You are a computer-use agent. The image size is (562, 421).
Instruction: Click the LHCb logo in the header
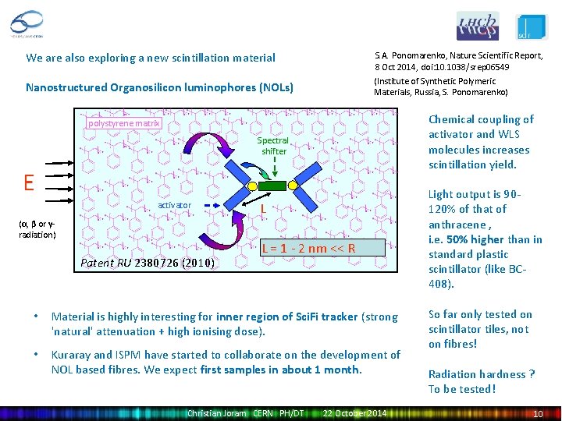tap(477, 26)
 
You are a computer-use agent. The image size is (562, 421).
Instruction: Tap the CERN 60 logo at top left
tap(27, 23)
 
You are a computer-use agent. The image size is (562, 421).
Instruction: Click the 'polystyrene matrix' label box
tap(123, 122)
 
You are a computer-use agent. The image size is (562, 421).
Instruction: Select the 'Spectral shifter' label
tap(273, 146)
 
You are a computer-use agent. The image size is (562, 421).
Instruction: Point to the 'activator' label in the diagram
tap(174, 204)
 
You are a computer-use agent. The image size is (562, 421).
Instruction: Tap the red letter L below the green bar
tap(265, 209)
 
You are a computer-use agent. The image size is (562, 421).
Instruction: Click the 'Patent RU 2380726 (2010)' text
tap(148, 263)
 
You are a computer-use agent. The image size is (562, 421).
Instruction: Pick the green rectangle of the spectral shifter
tap(274, 186)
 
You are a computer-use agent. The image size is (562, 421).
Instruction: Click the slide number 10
tap(537, 412)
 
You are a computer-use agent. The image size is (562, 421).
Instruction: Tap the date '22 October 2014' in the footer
tap(354, 412)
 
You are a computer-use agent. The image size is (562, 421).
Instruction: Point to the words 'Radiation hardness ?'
tap(481, 374)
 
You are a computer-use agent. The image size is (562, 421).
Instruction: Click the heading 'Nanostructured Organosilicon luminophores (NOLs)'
tap(159, 87)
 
